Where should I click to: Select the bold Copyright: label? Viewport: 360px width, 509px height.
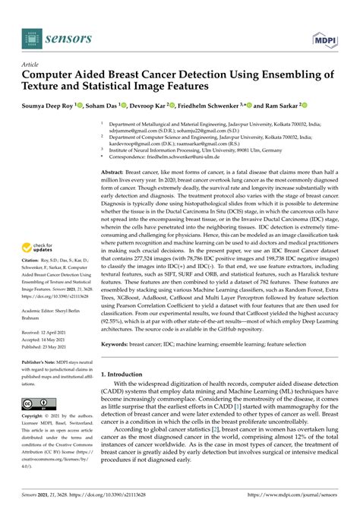click(x=36, y=418)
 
